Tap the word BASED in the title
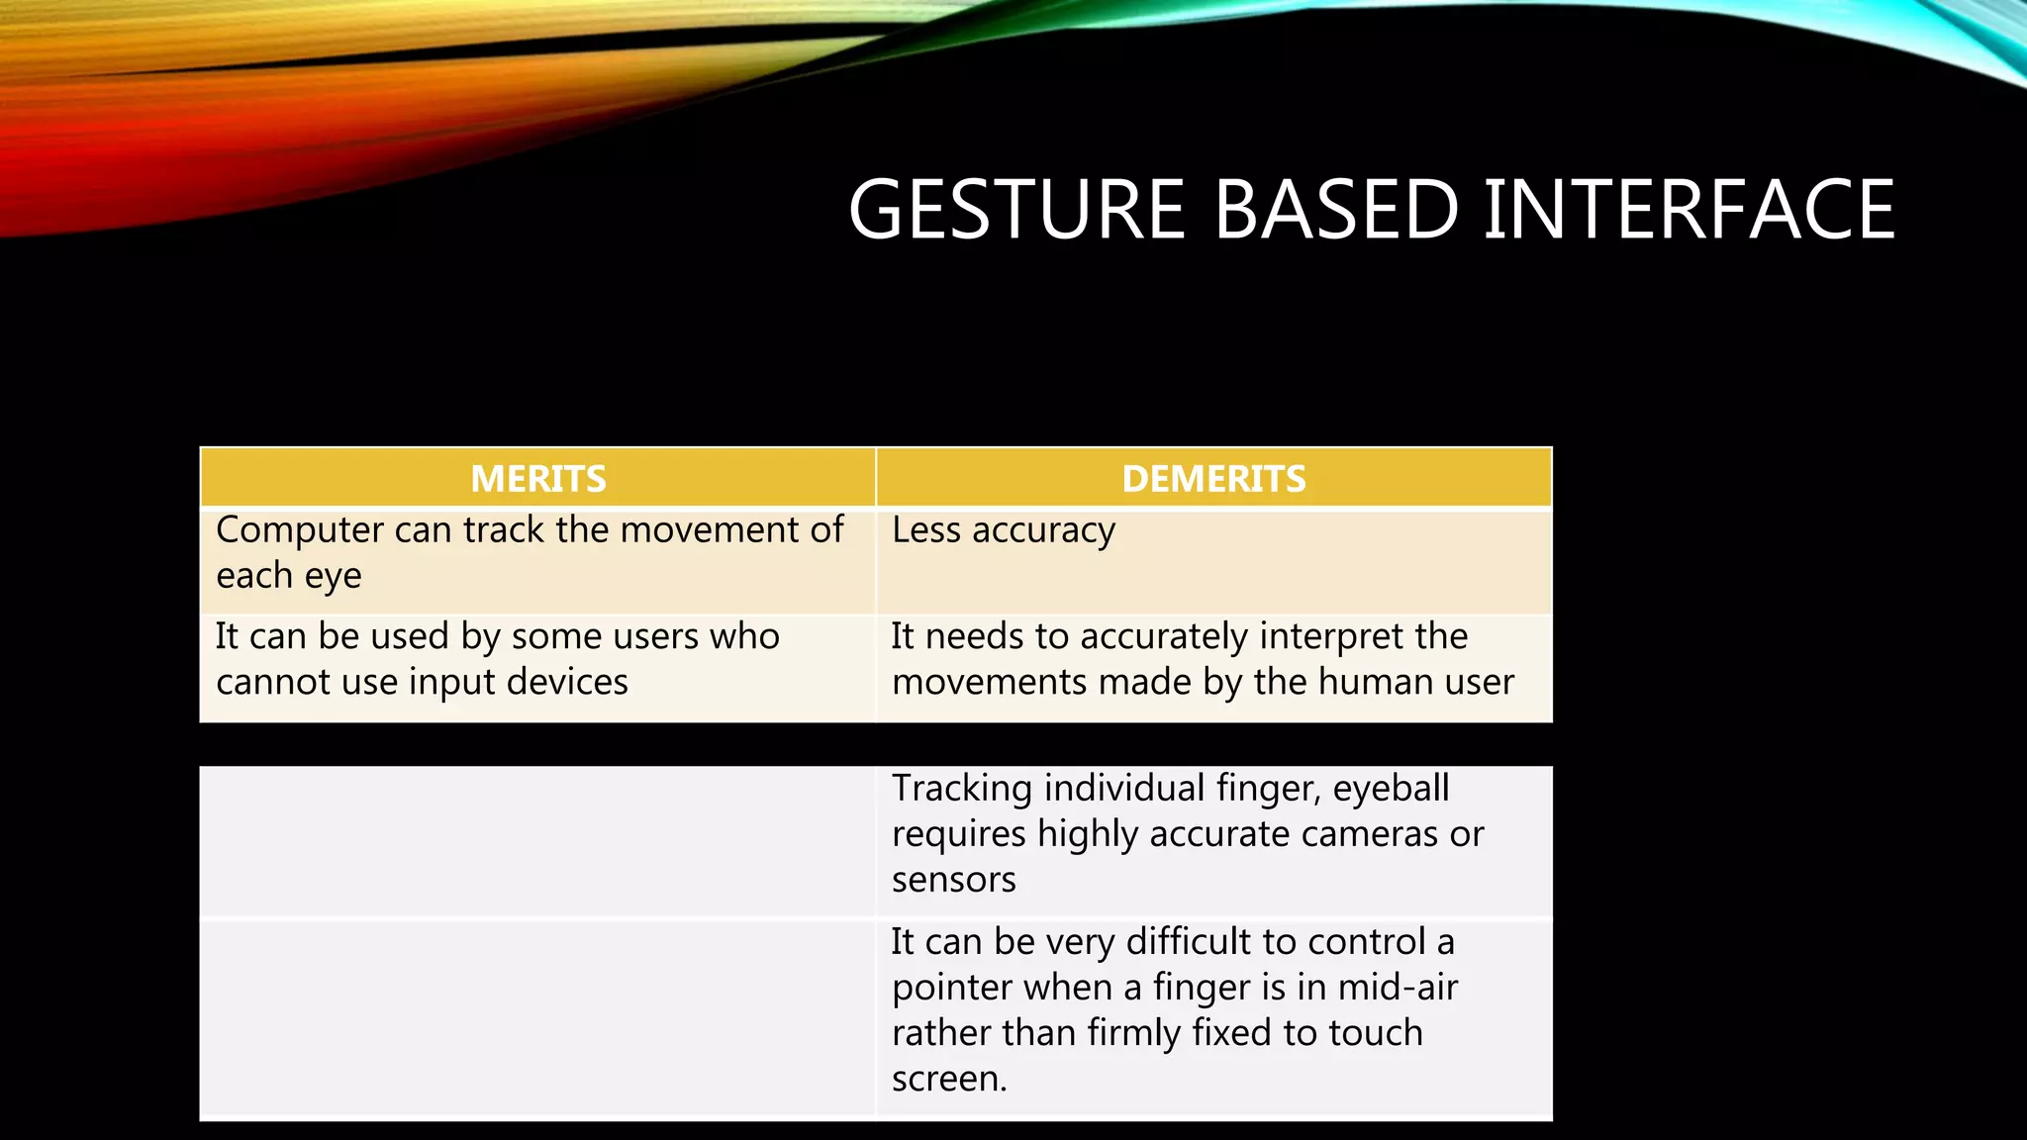(1336, 210)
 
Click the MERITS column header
(538, 479)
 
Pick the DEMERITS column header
(1213, 479)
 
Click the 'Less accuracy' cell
(1004, 530)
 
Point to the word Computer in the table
(300, 530)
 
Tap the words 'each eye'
(289, 576)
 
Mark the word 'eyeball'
(1391, 789)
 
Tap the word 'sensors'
(953, 880)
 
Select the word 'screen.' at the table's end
(949, 1079)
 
